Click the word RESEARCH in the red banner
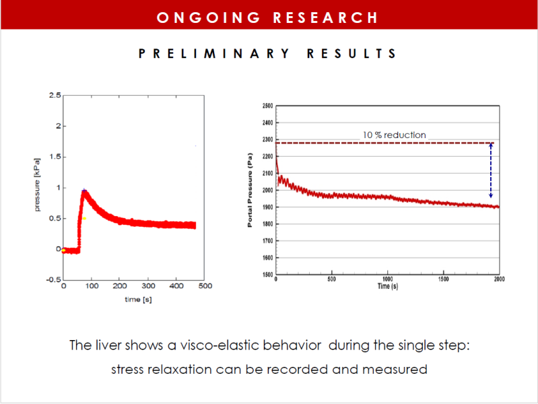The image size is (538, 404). point(325,17)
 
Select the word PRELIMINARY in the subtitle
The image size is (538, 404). point(213,53)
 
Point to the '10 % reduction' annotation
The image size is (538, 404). point(395,135)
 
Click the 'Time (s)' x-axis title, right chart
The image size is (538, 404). point(388,287)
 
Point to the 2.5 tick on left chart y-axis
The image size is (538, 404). point(54,95)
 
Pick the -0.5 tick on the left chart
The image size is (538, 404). point(53,279)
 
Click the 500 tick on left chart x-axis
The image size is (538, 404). point(205,286)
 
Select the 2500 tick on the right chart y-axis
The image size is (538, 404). point(267,106)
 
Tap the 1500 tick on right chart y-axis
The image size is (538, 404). point(267,274)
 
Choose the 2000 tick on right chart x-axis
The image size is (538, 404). point(498,279)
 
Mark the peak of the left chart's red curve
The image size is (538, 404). point(83,191)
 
